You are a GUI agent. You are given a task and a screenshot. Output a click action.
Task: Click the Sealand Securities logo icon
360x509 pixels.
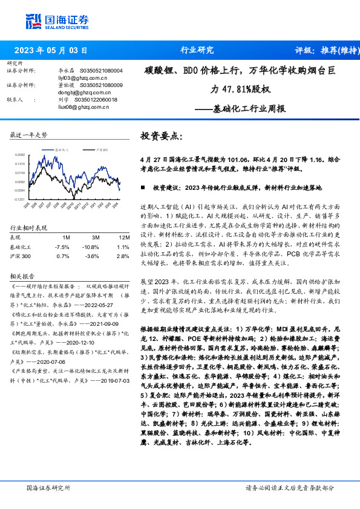(x=33, y=20)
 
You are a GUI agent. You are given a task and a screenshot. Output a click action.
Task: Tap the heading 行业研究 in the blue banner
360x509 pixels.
(x=197, y=50)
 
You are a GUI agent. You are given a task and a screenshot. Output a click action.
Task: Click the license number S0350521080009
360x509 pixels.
(x=102, y=85)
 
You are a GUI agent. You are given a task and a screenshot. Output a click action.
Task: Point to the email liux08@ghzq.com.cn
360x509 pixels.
(x=64, y=106)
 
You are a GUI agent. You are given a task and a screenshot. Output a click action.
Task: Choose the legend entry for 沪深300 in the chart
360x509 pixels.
(x=102, y=147)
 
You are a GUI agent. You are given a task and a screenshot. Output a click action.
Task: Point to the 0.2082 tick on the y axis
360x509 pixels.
(x=21, y=155)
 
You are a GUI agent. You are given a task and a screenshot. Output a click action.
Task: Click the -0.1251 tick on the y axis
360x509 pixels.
(x=21, y=198)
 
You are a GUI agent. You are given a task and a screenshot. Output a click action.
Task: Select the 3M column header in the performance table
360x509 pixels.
(x=91, y=238)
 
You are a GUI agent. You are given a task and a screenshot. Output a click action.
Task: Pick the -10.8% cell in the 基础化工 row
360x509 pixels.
(x=91, y=247)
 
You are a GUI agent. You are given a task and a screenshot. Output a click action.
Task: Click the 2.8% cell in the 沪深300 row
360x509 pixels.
(x=122, y=256)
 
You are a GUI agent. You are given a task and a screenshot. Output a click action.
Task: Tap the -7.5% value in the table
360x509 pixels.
(x=62, y=247)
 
